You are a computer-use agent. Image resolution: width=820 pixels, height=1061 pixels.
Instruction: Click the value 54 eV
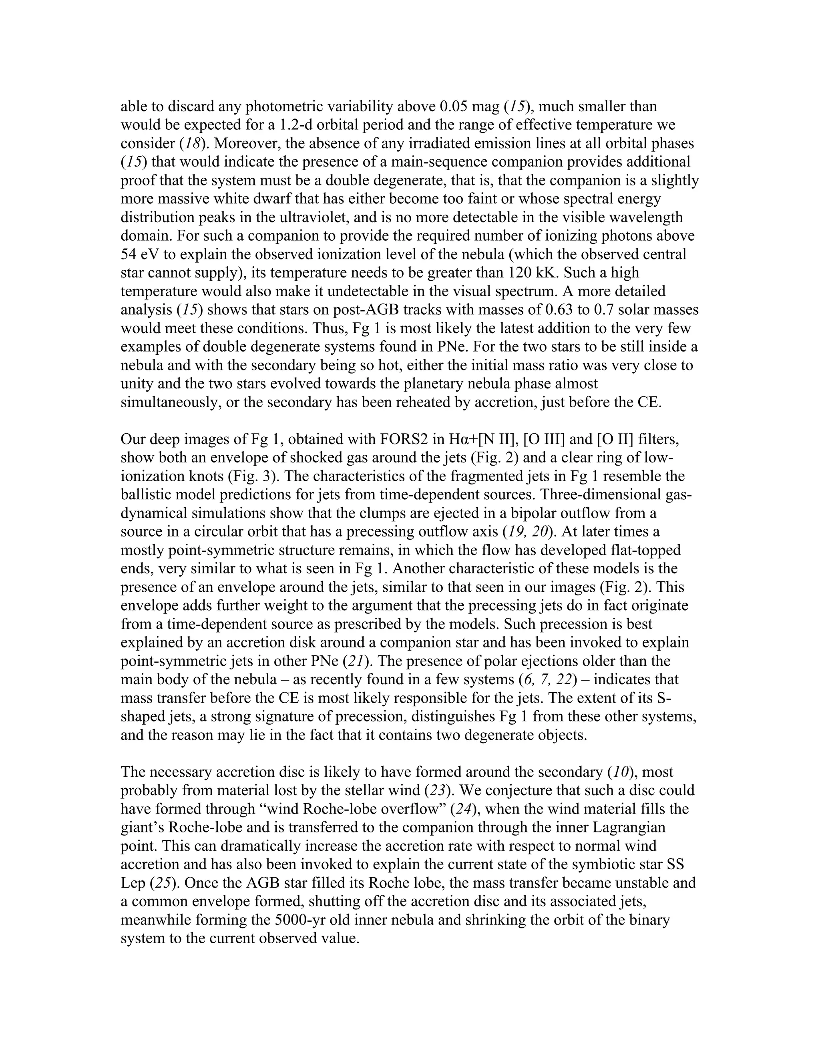(x=141, y=254)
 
